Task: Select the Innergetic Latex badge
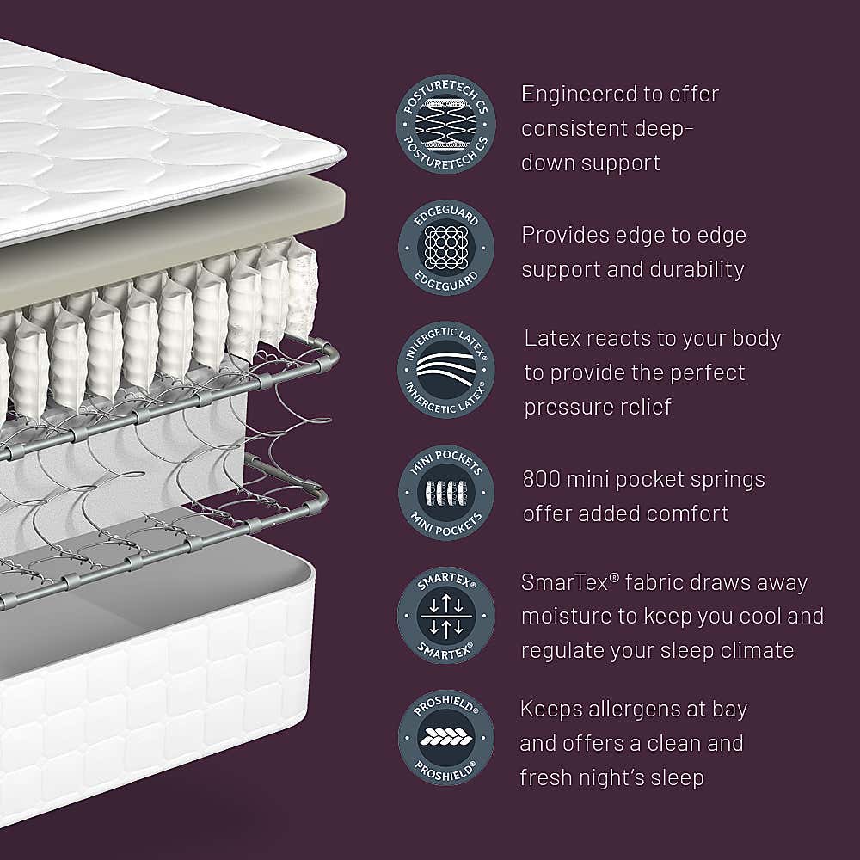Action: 445,371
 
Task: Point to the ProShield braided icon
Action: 445,737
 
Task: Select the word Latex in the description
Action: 554,338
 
